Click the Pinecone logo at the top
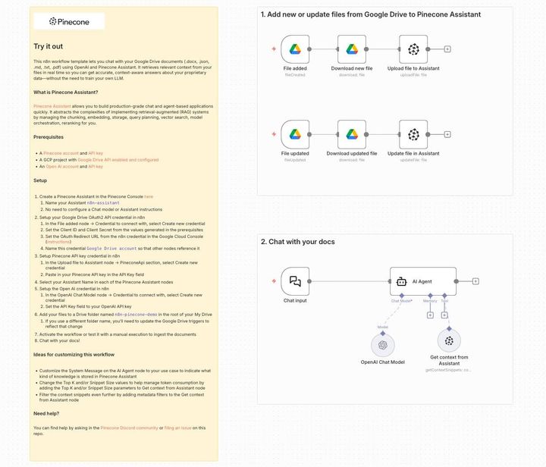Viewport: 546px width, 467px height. pyautogui.click(x=67, y=22)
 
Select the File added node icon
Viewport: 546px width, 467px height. pyautogui.click(x=294, y=49)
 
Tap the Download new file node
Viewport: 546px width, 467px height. pyautogui.click(x=352, y=49)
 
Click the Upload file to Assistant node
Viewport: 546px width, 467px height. pyautogui.click(x=413, y=49)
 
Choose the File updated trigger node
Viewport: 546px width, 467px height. pyautogui.click(x=294, y=135)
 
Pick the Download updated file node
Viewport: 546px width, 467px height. pyautogui.click(x=352, y=135)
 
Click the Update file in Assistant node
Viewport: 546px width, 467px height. pyautogui.click(x=413, y=135)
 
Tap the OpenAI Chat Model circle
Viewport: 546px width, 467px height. pyautogui.click(x=383, y=343)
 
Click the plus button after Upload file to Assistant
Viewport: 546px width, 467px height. pyautogui.click(x=447, y=49)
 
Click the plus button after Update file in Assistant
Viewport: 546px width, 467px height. pyautogui.click(x=447, y=135)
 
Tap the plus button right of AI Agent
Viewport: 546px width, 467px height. pyautogui.click(x=475, y=281)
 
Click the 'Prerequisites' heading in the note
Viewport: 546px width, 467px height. pyautogui.click(x=49, y=137)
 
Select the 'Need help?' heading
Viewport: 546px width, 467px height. pyautogui.click(x=47, y=413)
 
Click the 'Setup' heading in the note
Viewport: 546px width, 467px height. pyautogui.click(x=40, y=180)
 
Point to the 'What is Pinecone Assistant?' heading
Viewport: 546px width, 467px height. pyautogui.click(x=66, y=92)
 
